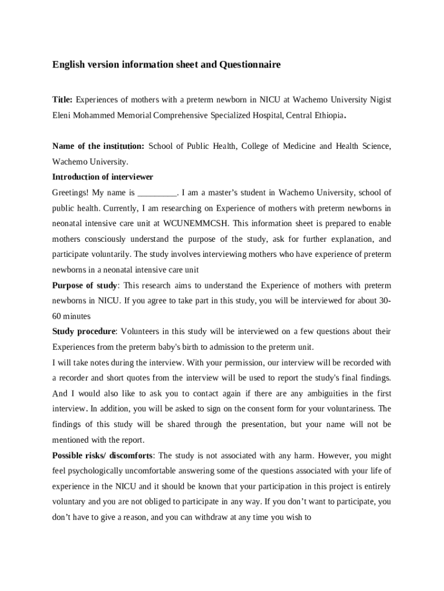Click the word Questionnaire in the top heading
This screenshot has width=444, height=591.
(x=250, y=65)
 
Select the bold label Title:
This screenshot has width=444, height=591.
(x=62, y=100)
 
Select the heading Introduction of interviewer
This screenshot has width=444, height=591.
(x=103, y=177)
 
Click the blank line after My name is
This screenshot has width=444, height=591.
(x=159, y=193)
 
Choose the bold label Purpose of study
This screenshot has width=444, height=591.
(x=85, y=286)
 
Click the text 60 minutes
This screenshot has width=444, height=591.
(x=72, y=317)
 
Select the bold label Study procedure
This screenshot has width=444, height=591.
(x=84, y=332)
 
